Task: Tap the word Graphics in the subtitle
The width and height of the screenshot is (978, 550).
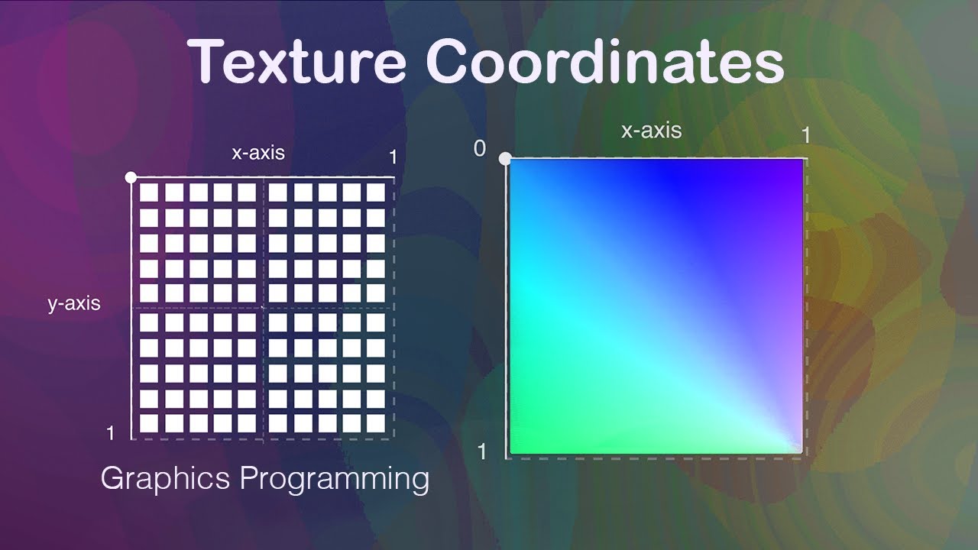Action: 165,479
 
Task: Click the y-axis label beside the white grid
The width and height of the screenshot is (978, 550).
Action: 74,303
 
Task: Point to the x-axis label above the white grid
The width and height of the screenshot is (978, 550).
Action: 258,153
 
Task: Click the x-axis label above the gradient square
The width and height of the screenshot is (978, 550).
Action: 651,131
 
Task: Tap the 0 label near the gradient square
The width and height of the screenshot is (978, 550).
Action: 480,148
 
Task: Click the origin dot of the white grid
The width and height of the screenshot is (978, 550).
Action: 131,177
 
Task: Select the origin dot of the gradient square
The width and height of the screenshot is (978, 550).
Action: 504,159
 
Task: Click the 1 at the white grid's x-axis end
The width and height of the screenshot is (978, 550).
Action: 393,157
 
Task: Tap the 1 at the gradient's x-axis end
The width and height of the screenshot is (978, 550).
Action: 805,135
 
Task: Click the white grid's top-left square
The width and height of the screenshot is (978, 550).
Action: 149,192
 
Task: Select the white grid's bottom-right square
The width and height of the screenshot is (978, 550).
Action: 375,422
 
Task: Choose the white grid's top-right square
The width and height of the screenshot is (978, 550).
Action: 375,192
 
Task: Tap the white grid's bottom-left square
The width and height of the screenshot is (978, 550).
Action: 149,422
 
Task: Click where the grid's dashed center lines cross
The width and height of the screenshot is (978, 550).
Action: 264,308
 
